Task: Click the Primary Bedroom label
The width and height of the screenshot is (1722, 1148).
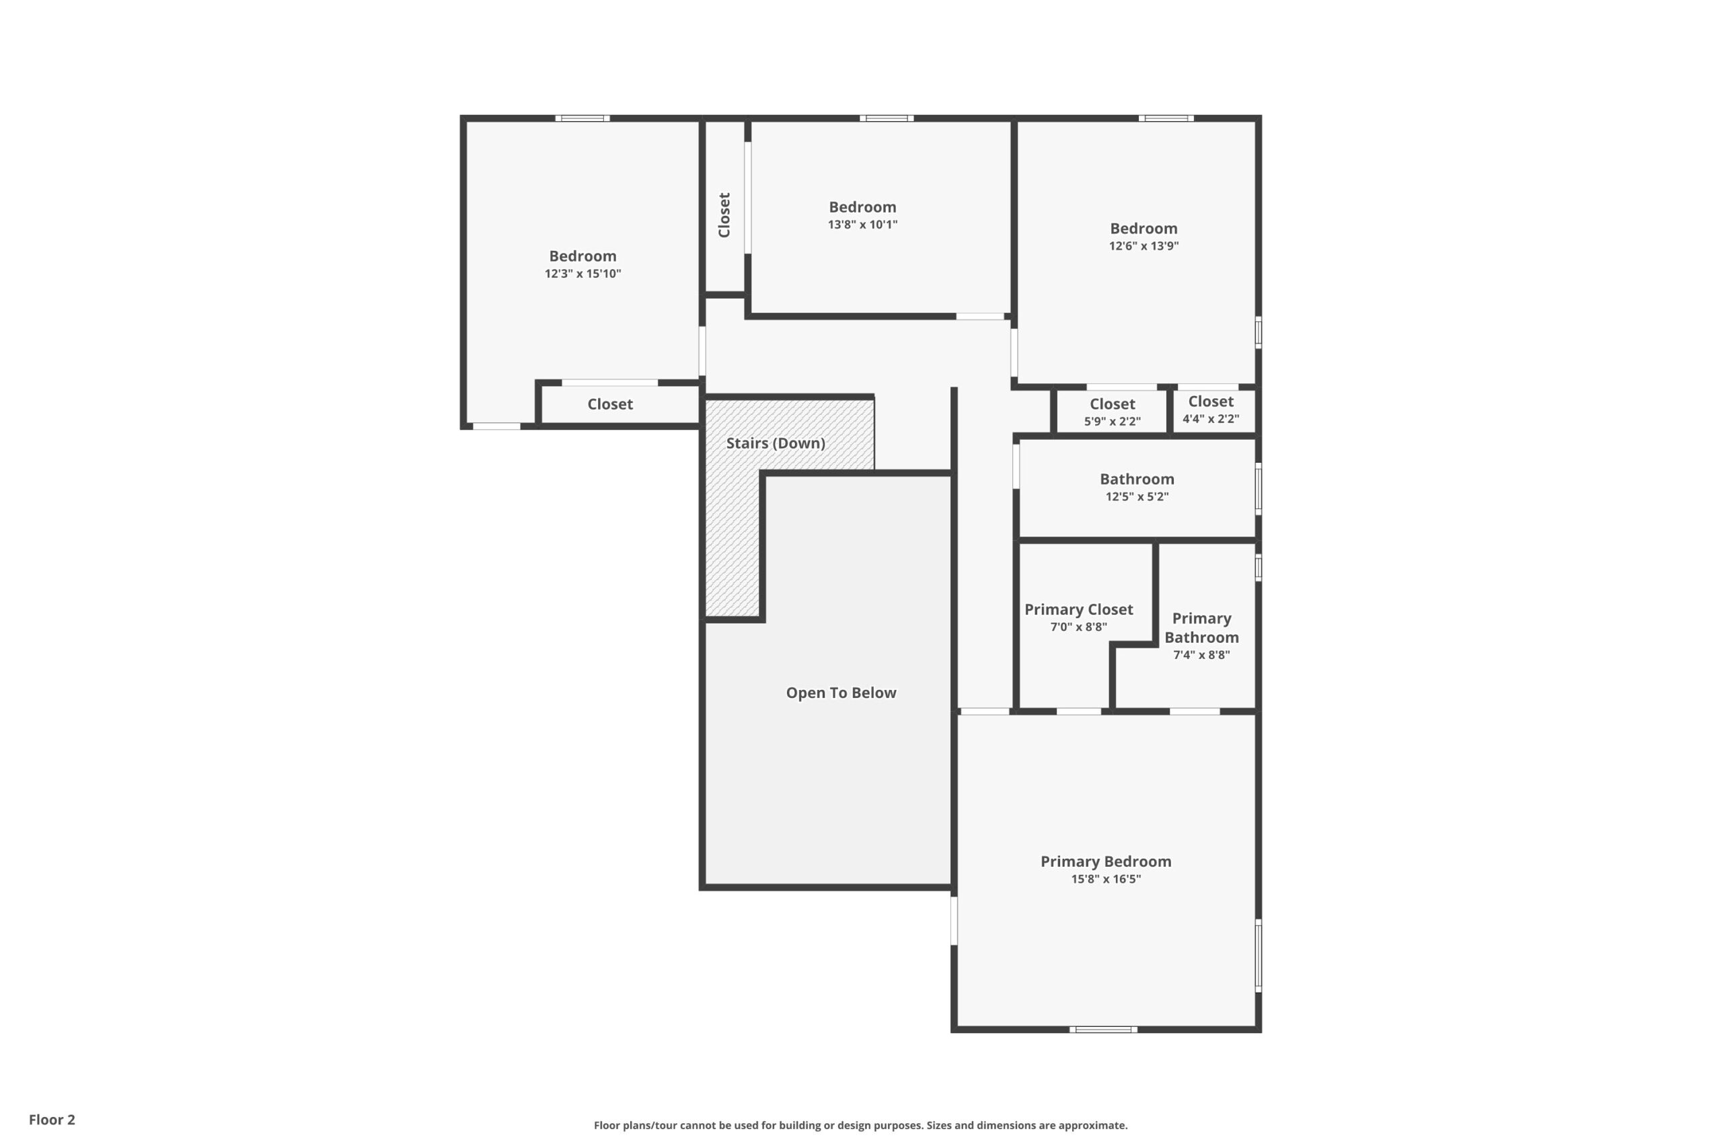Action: point(1106,862)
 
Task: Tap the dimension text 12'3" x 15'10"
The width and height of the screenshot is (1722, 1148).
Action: point(583,274)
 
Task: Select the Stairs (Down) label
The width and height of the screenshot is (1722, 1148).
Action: point(776,443)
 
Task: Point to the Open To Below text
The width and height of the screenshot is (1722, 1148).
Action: point(841,693)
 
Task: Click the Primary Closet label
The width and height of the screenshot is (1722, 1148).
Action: point(1078,610)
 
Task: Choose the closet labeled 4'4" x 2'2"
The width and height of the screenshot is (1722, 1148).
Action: point(1210,410)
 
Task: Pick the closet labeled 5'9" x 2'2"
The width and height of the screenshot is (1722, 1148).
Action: point(1112,412)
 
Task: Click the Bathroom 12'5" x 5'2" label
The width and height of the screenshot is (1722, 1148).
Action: point(1136,487)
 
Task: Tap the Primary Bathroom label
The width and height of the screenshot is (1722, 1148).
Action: point(1201,628)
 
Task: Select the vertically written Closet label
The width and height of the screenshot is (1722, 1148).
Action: point(724,215)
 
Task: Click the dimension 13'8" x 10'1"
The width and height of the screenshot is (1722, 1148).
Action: point(862,225)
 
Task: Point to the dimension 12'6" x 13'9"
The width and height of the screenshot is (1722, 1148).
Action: point(1143,246)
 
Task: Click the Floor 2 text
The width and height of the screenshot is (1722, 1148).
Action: point(52,1120)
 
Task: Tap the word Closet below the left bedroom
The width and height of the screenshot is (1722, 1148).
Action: point(610,404)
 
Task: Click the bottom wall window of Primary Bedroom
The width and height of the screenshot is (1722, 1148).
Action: point(1102,1030)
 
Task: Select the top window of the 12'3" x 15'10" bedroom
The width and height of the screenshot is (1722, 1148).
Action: point(582,118)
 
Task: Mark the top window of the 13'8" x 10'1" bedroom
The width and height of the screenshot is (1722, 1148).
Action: point(886,118)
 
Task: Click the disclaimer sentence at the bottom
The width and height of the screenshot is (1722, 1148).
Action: point(860,1125)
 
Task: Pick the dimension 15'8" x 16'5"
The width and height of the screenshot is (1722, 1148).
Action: point(1106,879)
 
